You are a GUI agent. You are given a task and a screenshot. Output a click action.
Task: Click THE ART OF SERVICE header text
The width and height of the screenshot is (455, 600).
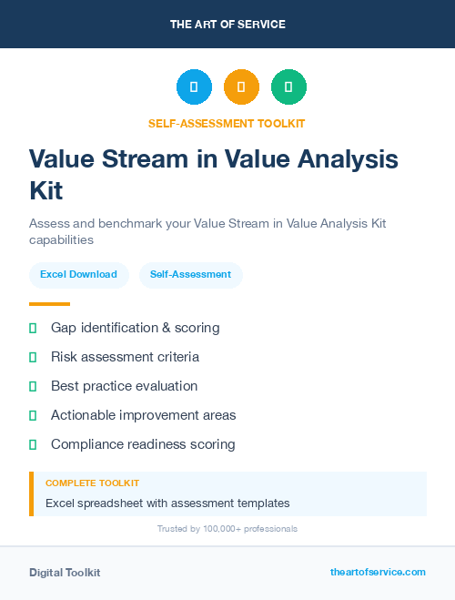click(x=227, y=25)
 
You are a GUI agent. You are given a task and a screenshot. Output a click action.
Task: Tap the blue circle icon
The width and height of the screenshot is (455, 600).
click(x=194, y=86)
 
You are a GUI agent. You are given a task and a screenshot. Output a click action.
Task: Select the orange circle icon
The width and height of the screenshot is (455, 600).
click(x=241, y=86)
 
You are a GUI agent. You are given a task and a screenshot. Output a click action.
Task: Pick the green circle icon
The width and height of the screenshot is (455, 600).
click(x=288, y=86)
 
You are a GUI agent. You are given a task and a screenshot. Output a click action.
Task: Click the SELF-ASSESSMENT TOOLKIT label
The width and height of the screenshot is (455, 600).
click(x=227, y=123)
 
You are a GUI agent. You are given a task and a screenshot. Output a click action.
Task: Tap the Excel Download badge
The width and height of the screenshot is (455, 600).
click(x=78, y=274)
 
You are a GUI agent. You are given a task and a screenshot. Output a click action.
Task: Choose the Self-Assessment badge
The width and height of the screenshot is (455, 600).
click(x=190, y=274)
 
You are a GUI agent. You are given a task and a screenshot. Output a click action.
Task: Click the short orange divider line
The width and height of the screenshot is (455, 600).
click(x=49, y=304)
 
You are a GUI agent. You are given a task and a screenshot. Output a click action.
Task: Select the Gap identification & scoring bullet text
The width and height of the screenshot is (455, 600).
click(x=135, y=328)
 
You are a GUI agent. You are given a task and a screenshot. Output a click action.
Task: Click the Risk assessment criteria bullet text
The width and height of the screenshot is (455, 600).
click(x=125, y=357)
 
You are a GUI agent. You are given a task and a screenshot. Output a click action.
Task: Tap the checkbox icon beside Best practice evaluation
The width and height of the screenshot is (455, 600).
click(x=33, y=386)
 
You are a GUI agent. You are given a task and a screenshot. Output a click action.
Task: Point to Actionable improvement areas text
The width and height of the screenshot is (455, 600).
click(x=143, y=415)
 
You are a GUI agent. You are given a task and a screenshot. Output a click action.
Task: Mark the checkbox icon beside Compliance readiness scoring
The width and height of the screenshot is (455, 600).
click(x=33, y=444)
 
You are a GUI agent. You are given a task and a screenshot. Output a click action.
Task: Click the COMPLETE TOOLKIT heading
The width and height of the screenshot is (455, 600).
click(x=92, y=483)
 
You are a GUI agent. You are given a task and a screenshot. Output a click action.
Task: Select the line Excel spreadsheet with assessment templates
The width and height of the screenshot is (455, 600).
click(x=167, y=503)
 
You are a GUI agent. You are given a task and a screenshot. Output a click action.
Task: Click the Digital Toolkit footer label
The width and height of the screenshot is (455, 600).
click(x=65, y=573)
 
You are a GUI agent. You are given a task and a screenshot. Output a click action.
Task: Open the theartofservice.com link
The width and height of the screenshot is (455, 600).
click(x=378, y=572)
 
